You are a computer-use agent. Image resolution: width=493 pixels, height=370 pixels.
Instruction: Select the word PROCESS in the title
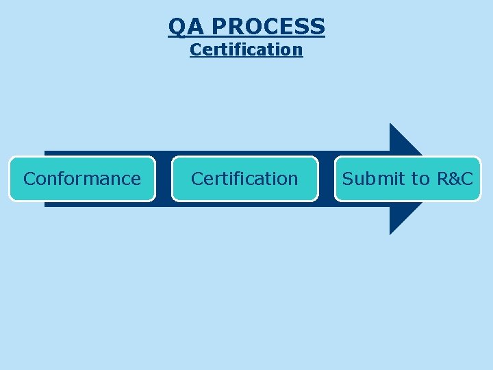pyautogui.click(x=268, y=27)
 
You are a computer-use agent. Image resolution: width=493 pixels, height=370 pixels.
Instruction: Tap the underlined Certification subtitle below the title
pyautogui.click(x=246, y=49)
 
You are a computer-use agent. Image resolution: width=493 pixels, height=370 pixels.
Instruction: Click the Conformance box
pyautogui.click(x=82, y=179)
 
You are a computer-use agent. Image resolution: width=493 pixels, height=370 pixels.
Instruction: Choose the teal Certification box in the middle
pyautogui.click(x=244, y=179)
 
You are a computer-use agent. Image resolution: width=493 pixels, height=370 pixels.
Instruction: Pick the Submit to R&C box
pyautogui.click(x=407, y=179)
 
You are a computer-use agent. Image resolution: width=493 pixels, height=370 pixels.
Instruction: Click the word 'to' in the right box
pyautogui.click(x=420, y=179)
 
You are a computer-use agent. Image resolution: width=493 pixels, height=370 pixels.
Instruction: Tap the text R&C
pyautogui.click(x=455, y=179)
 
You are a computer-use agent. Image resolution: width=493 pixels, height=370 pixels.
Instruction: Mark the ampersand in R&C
pyautogui.click(x=455, y=179)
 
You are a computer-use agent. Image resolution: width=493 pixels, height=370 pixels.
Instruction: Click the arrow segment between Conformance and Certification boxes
pyautogui.click(x=164, y=179)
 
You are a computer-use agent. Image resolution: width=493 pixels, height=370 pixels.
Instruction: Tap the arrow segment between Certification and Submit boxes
pyautogui.click(x=327, y=179)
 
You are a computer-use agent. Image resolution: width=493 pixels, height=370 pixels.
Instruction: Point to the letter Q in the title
pyautogui.click(x=177, y=27)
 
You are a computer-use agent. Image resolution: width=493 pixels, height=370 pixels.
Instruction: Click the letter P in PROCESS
pyautogui.click(x=219, y=27)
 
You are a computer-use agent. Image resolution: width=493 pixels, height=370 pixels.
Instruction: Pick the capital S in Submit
pyautogui.click(x=349, y=179)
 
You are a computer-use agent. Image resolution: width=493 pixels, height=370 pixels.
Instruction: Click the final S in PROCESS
pyautogui.click(x=317, y=27)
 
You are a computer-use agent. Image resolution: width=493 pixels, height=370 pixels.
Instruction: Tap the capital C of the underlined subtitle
pyautogui.click(x=196, y=49)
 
